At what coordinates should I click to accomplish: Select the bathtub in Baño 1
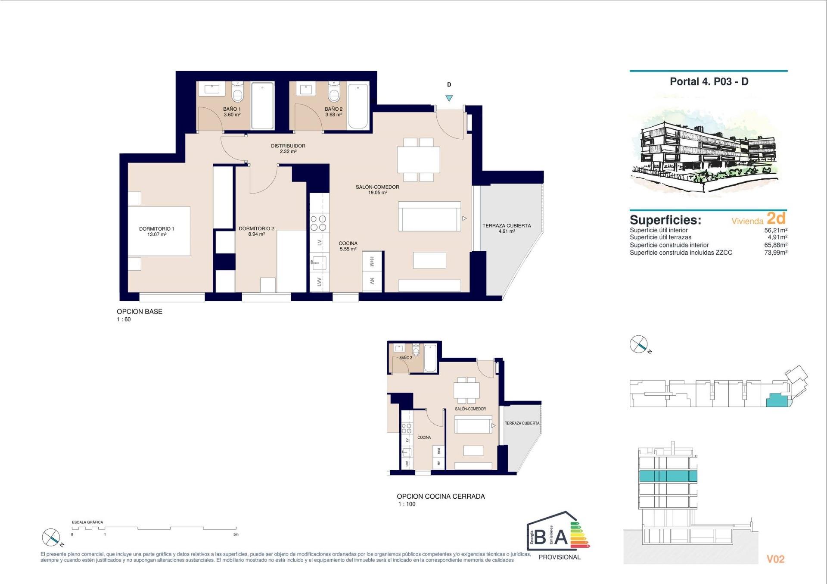262,106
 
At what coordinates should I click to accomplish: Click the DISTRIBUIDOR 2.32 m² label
288,148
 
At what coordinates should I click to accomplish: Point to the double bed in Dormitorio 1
159,231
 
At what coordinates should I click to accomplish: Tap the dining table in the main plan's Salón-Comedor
418,159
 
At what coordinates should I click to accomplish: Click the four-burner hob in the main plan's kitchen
318,223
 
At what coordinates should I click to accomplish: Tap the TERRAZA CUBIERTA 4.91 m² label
506,228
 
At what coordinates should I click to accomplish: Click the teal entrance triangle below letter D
449,98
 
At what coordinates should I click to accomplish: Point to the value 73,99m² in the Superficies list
775,253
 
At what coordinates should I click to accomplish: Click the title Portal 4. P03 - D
709,81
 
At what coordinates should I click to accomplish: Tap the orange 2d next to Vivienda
776,218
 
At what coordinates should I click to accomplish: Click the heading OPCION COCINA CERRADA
441,496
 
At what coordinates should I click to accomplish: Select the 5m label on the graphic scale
236,534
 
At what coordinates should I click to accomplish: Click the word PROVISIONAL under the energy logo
559,557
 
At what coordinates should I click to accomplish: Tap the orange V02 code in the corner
775,559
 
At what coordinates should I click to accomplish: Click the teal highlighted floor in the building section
668,476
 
